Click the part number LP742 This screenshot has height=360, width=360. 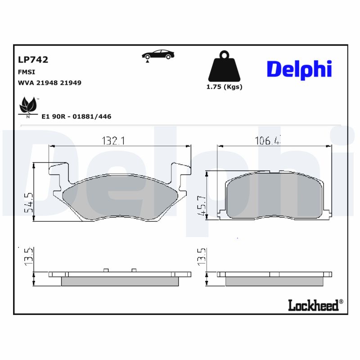(33, 59)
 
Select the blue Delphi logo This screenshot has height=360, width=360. (299, 69)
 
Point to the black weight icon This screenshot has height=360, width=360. (224, 68)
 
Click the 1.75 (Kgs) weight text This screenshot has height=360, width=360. (224, 87)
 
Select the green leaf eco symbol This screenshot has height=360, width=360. (28, 106)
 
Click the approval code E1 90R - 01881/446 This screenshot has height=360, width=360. (76, 117)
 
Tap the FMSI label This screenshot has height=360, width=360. (27, 72)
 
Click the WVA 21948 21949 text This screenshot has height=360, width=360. (49, 83)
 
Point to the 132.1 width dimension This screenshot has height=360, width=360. (112, 141)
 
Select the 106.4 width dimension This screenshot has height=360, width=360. (269, 141)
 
